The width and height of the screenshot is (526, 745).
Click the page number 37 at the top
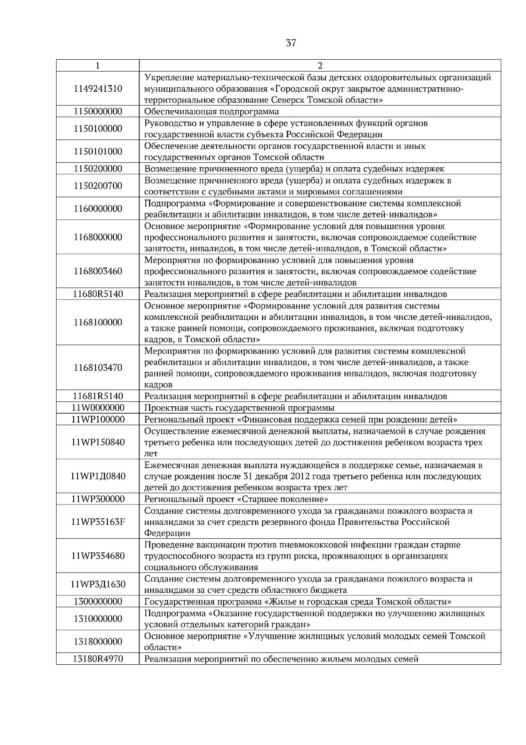click(x=291, y=43)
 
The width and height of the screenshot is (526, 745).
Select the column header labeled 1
click(x=97, y=66)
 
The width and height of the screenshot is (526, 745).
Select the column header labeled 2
click(x=320, y=66)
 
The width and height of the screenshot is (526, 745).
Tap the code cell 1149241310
click(x=98, y=89)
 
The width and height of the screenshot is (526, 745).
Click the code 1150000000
click(x=98, y=111)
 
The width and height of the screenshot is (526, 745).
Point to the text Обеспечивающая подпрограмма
click(x=211, y=111)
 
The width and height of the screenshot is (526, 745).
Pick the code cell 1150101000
click(x=98, y=151)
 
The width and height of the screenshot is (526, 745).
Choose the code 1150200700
click(x=98, y=186)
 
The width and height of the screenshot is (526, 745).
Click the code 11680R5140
click(x=98, y=294)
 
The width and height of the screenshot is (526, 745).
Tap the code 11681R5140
click(x=98, y=396)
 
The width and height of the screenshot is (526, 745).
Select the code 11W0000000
click(x=98, y=408)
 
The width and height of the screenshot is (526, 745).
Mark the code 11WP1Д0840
click(x=98, y=476)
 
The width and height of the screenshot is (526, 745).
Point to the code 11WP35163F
click(x=98, y=522)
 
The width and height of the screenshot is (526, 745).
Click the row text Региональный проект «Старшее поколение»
click(x=237, y=499)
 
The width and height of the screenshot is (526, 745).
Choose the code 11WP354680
click(x=98, y=556)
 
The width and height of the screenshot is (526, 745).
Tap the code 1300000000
click(x=98, y=602)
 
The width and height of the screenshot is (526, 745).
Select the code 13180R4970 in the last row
click(x=98, y=659)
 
